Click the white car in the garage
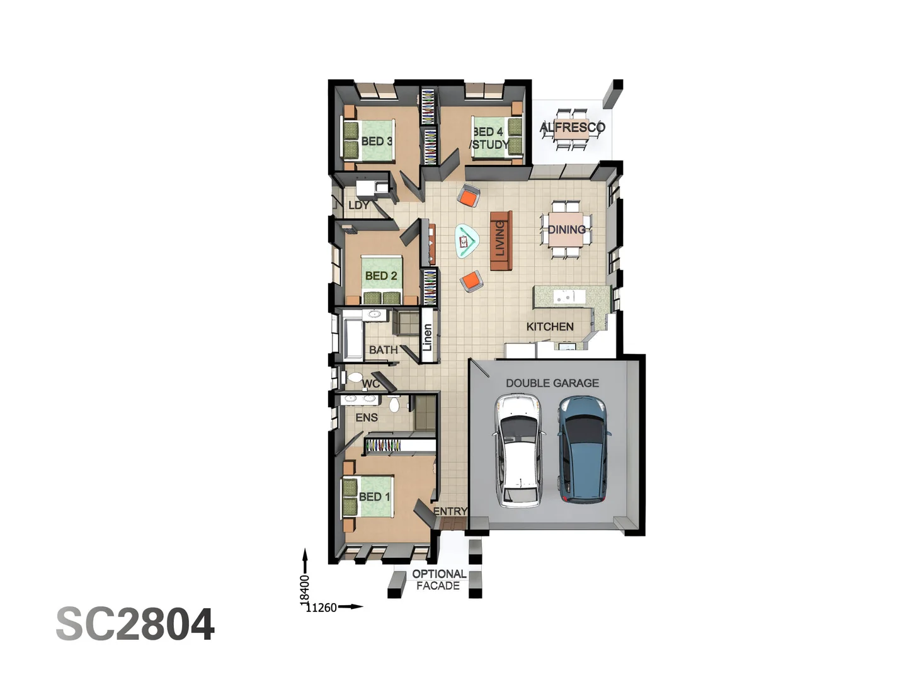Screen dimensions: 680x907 click(x=518, y=450)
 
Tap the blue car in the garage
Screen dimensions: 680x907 click(x=584, y=448)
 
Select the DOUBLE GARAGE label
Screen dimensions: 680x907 click(x=552, y=383)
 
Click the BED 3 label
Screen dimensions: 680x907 click(x=377, y=141)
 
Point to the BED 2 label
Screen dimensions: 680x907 click(x=381, y=276)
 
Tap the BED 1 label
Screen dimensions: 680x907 click(x=374, y=497)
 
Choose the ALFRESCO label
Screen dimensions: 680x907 click(x=572, y=127)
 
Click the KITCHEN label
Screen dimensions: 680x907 click(x=550, y=326)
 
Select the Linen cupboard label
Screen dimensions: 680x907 click(x=428, y=337)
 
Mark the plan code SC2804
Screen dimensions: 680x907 click(x=135, y=625)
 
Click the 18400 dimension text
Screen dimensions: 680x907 click(x=305, y=588)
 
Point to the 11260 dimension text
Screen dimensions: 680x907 click(x=321, y=608)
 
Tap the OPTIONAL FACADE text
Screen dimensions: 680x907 click(x=438, y=580)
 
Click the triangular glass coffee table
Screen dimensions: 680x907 click(x=466, y=241)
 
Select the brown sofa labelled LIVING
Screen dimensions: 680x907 click(x=501, y=241)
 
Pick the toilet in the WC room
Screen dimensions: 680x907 click(x=355, y=378)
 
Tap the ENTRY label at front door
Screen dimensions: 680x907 click(x=450, y=511)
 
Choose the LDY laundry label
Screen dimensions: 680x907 click(x=358, y=205)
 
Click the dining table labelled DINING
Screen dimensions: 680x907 click(x=566, y=230)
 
